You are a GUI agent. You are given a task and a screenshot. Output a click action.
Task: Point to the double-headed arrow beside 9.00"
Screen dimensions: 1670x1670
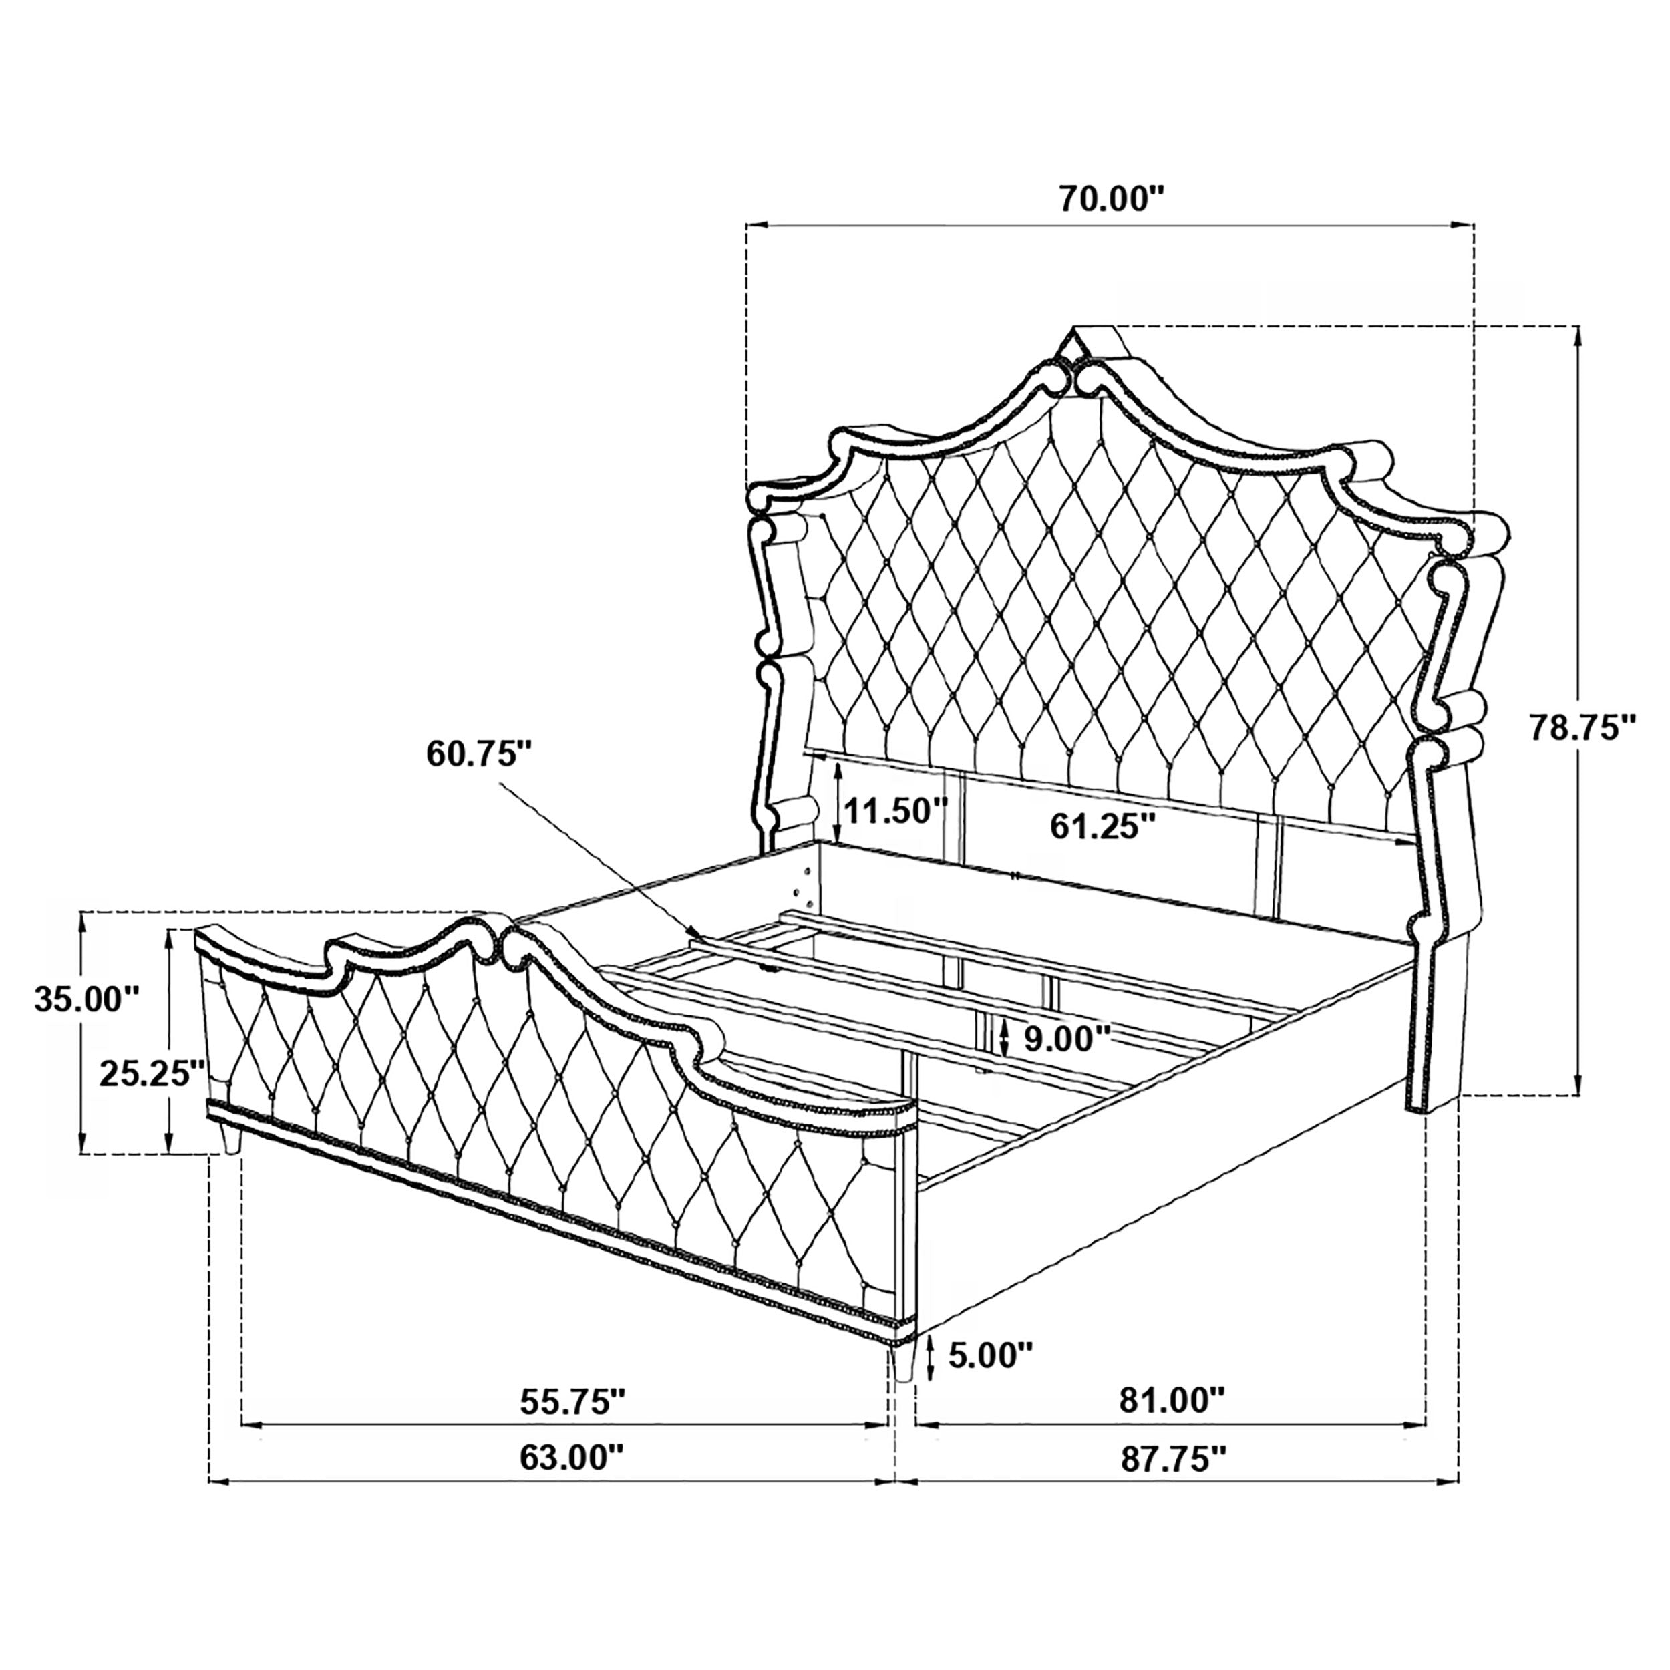[x=1003, y=1037]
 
